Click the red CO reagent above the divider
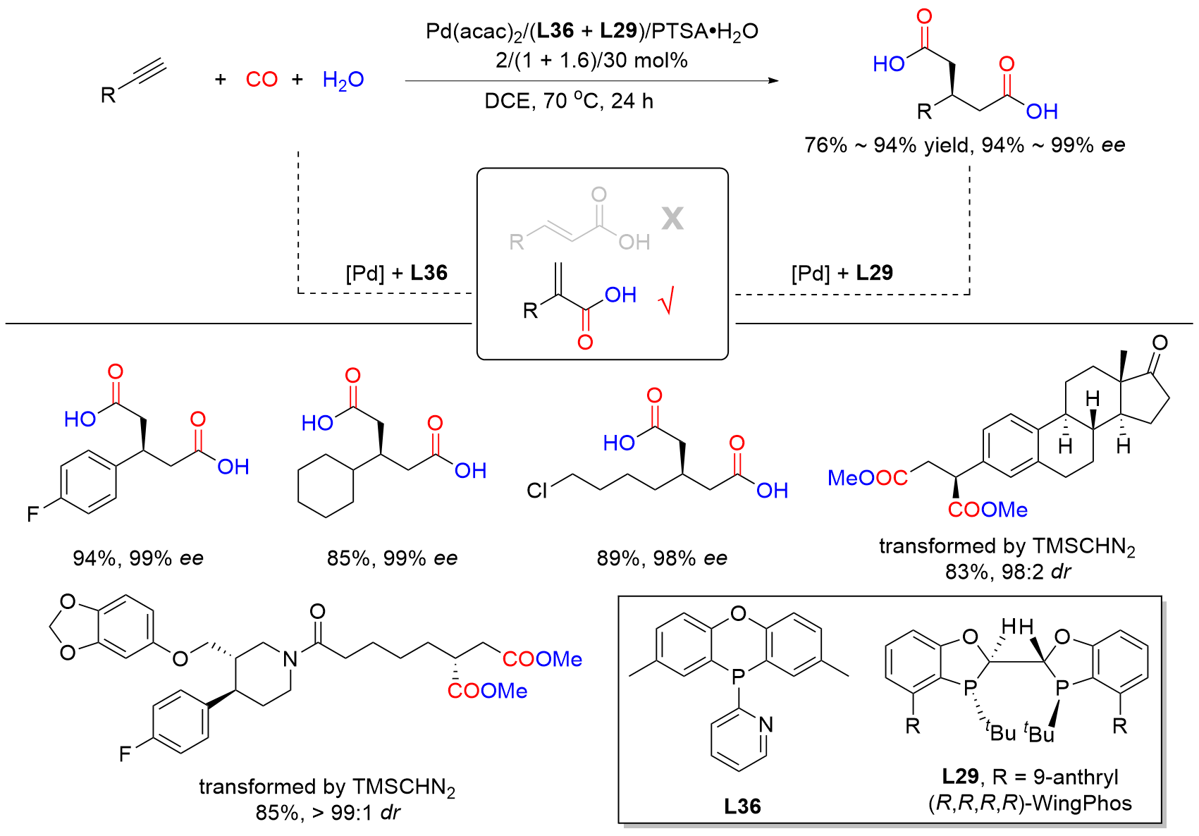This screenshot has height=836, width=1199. (x=262, y=80)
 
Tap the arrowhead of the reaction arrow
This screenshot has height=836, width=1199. (x=773, y=81)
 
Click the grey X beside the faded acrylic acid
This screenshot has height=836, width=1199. (x=672, y=219)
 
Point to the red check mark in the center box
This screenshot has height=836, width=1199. (x=666, y=301)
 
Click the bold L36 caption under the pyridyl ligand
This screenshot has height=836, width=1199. (x=742, y=806)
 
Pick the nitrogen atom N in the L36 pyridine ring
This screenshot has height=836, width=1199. (x=766, y=725)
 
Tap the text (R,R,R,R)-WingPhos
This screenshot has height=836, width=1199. (x=1030, y=804)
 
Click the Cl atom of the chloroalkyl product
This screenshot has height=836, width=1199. (x=537, y=491)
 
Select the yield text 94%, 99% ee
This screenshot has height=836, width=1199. (x=138, y=558)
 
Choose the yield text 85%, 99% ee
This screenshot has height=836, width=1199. (x=393, y=558)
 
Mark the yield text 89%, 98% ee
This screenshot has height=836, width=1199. (x=662, y=558)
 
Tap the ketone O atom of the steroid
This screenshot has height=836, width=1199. (x=1160, y=343)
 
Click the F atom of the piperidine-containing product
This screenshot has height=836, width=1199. (x=125, y=754)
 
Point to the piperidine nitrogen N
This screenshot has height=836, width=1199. (x=290, y=659)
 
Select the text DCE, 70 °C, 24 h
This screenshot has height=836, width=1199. (x=569, y=101)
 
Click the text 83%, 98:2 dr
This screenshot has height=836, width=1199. (x=1007, y=572)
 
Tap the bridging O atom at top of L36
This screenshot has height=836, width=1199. (x=739, y=613)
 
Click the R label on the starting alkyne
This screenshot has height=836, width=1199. (x=108, y=95)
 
